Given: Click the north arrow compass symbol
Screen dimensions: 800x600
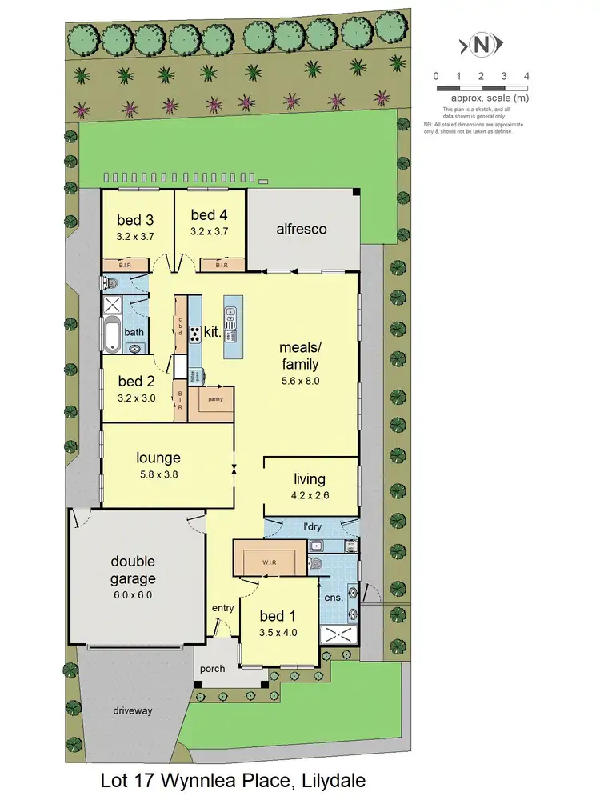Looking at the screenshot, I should [x=482, y=45].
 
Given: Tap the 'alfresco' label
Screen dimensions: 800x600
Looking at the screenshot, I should [x=302, y=229].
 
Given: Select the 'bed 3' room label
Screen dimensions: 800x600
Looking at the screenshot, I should [x=134, y=219].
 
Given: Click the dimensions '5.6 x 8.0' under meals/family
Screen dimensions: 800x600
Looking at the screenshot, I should [x=299, y=381].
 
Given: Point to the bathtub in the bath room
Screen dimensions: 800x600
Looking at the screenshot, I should [x=112, y=334].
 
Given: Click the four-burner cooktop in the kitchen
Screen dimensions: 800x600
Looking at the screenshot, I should [x=194, y=334].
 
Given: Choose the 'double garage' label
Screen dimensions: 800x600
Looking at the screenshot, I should [x=133, y=570].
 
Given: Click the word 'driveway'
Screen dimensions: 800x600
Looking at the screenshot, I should [x=132, y=710].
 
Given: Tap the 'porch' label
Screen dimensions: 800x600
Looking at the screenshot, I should [x=213, y=669].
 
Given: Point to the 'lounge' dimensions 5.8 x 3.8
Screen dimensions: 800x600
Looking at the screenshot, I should [x=158, y=473].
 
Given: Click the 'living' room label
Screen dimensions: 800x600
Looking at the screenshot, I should [x=310, y=479].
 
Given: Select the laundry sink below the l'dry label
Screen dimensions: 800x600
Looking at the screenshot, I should [x=316, y=547].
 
